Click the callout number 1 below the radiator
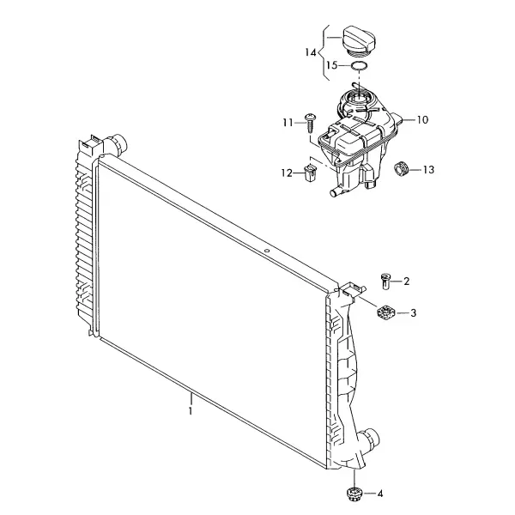pyautogui.click(x=191, y=411)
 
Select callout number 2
pyautogui.click(x=407, y=282)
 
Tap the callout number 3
pyautogui.click(x=413, y=312)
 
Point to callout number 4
pyautogui.click(x=380, y=494)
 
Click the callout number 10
pyautogui.click(x=422, y=120)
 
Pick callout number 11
pyautogui.click(x=288, y=123)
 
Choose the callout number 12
pyautogui.click(x=287, y=173)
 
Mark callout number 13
pyautogui.click(x=428, y=170)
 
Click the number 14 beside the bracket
pyautogui.click(x=311, y=52)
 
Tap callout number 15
pyautogui.click(x=331, y=65)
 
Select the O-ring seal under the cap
pyautogui.click(x=359, y=66)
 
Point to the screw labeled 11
pyautogui.click(x=309, y=122)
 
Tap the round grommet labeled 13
pyautogui.click(x=401, y=168)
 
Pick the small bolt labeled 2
pyautogui.click(x=385, y=282)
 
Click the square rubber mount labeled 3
pyautogui.click(x=385, y=312)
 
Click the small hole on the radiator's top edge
pyautogui.click(x=267, y=251)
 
